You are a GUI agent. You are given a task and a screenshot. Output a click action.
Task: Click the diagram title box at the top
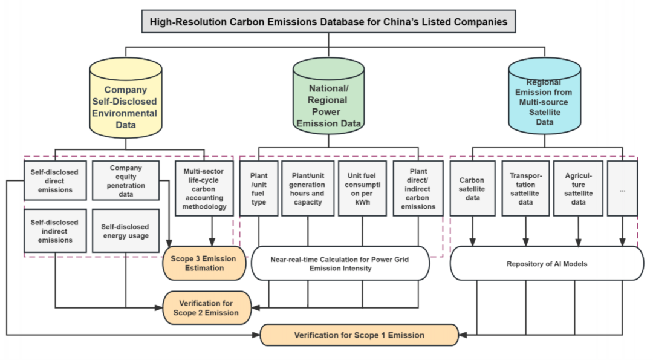pos(329,22)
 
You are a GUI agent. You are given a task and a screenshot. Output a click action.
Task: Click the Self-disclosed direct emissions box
pos(54,180)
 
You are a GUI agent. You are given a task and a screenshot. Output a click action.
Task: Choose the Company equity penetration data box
pos(126,180)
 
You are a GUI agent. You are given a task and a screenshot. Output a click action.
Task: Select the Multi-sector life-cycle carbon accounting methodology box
pos(204,188)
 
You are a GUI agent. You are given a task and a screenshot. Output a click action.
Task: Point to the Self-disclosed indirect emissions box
pos(54,231)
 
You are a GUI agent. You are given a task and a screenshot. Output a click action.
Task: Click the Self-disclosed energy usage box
pos(126,231)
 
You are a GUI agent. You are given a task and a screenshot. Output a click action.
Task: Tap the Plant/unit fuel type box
pos(259,188)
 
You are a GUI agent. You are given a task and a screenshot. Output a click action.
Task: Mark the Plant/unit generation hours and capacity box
pos(308,188)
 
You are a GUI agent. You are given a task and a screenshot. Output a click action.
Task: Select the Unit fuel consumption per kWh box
pos(362,188)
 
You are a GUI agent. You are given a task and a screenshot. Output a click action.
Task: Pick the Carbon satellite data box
pos(472,188)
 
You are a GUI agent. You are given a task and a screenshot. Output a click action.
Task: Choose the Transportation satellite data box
pos(525,188)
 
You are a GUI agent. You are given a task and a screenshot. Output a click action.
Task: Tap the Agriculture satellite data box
pos(578,188)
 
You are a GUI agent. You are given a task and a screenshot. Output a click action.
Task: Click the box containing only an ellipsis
pos(622,188)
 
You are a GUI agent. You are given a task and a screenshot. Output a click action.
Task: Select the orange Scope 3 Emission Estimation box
pos(204,263)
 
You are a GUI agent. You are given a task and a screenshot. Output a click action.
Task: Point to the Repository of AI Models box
pos(547,263)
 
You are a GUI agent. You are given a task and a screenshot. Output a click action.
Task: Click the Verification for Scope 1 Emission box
pos(359,335)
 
